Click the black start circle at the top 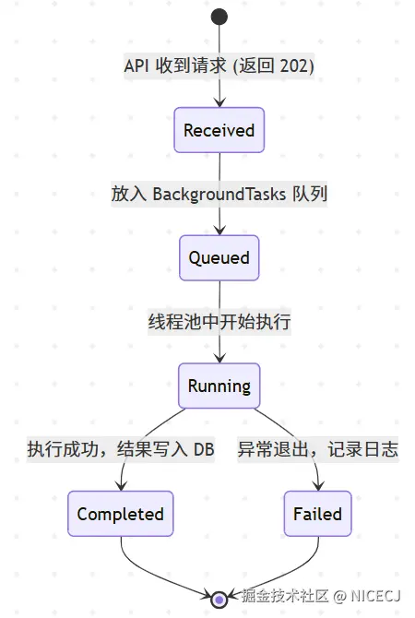(x=219, y=16)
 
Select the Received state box (x=219, y=130)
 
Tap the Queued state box (x=219, y=257)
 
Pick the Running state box (x=219, y=386)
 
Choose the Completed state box (x=120, y=514)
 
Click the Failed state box (x=317, y=514)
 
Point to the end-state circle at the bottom (x=219, y=600)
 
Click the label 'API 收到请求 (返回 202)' (x=219, y=66)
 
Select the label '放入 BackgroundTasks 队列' (x=219, y=194)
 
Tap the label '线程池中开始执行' (x=219, y=322)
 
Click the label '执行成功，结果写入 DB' (x=120, y=450)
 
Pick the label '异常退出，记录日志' (x=317, y=450)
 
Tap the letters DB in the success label (x=202, y=450)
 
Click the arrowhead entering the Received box (x=219, y=102)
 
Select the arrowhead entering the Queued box (x=219, y=230)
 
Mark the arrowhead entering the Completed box (x=121, y=486)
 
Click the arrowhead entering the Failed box (x=317, y=486)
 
